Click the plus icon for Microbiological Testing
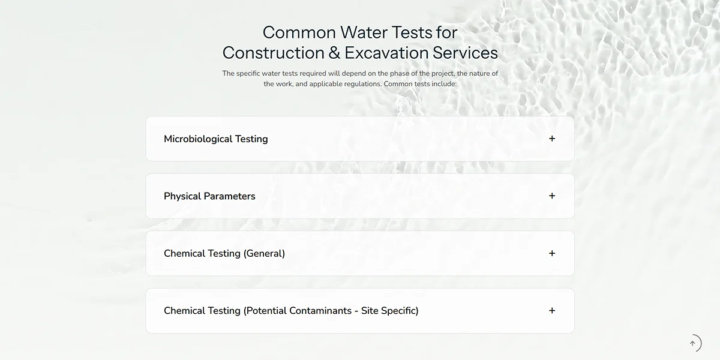click(552, 139)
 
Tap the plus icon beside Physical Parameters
click(552, 196)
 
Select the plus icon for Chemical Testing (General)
click(552, 253)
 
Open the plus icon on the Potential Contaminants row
click(552, 311)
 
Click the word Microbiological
click(198, 139)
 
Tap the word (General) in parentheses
click(264, 253)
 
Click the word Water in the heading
click(364, 32)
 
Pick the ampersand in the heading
click(334, 53)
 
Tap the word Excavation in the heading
click(386, 53)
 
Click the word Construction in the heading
click(274, 53)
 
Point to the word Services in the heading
click(465, 53)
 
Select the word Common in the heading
click(299, 32)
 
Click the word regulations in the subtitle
click(362, 84)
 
